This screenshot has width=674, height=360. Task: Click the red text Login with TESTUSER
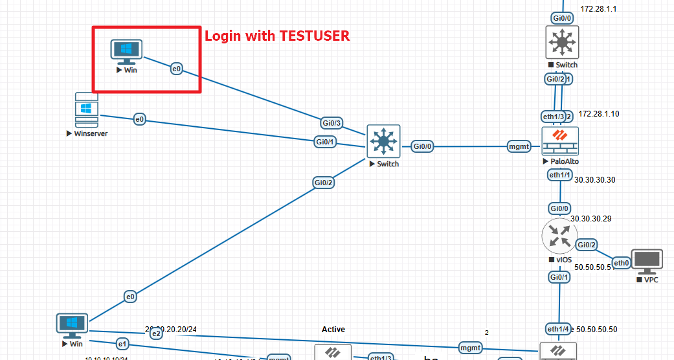[277, 36]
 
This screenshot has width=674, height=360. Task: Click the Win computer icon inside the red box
[126, 51]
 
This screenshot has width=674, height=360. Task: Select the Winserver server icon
[87, 111]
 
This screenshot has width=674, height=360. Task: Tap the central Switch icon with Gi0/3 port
[383, 141]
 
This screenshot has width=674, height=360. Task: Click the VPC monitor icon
[647, 260]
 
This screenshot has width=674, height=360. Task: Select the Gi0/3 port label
[331, 122]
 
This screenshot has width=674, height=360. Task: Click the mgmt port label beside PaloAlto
[520, 147]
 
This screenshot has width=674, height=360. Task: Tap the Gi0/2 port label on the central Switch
[324, 183]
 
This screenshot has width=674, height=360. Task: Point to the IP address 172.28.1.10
[599, 114]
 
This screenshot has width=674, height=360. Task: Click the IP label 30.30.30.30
[594, 179]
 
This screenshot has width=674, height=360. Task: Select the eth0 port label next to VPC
[622, 263]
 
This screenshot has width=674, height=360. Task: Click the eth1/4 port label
[558, 328]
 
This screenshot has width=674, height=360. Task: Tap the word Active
[333, 330]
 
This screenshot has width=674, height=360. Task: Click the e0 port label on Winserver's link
[140, 119]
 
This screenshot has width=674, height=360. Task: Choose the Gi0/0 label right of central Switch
[423, 147]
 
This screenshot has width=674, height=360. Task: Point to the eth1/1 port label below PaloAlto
[559, 175]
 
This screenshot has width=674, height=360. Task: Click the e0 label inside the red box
[177, 68]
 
